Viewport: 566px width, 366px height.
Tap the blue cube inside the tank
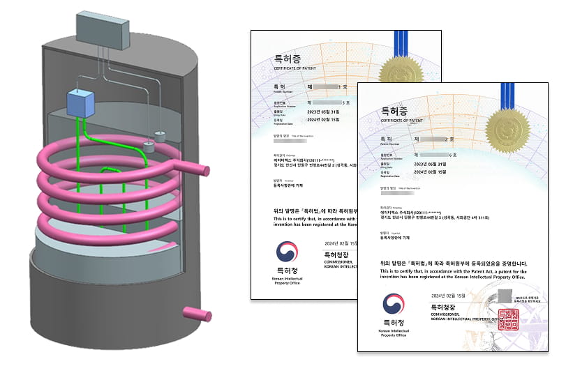tap(82, 104)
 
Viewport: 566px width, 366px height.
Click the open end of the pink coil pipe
tap(205, 170)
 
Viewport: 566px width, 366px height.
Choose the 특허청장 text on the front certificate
tap(445, 306)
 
